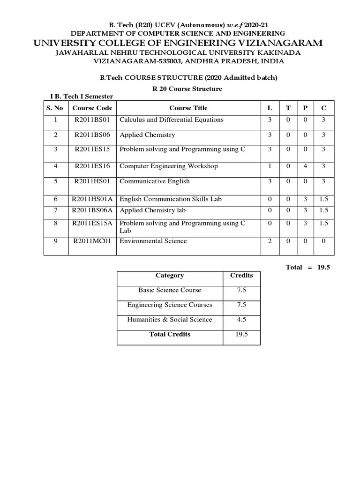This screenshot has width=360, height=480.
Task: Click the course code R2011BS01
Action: point(92,120)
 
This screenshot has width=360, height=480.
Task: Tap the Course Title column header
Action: point(188,108)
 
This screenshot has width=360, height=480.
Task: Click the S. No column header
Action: point(54,108)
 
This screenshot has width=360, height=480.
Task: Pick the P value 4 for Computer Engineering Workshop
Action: point(305,166)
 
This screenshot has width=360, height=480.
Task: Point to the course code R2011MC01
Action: point(92,241)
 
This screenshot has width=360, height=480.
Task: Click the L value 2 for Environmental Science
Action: point(270,241)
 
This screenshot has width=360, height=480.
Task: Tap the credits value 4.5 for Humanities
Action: point(241,320)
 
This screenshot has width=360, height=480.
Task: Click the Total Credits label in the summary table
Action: point(169,334)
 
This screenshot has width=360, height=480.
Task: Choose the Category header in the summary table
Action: point(169,276)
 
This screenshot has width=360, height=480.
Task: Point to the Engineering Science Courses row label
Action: point(169,305)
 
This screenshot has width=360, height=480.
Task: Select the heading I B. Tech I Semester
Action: point(82,96)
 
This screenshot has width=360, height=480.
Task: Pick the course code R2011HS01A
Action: point(92,199)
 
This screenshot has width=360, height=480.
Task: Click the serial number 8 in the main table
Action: point(55,224)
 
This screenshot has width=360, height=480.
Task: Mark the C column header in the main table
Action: point(324,108)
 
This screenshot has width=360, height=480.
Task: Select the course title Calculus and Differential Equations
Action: point(172,120)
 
